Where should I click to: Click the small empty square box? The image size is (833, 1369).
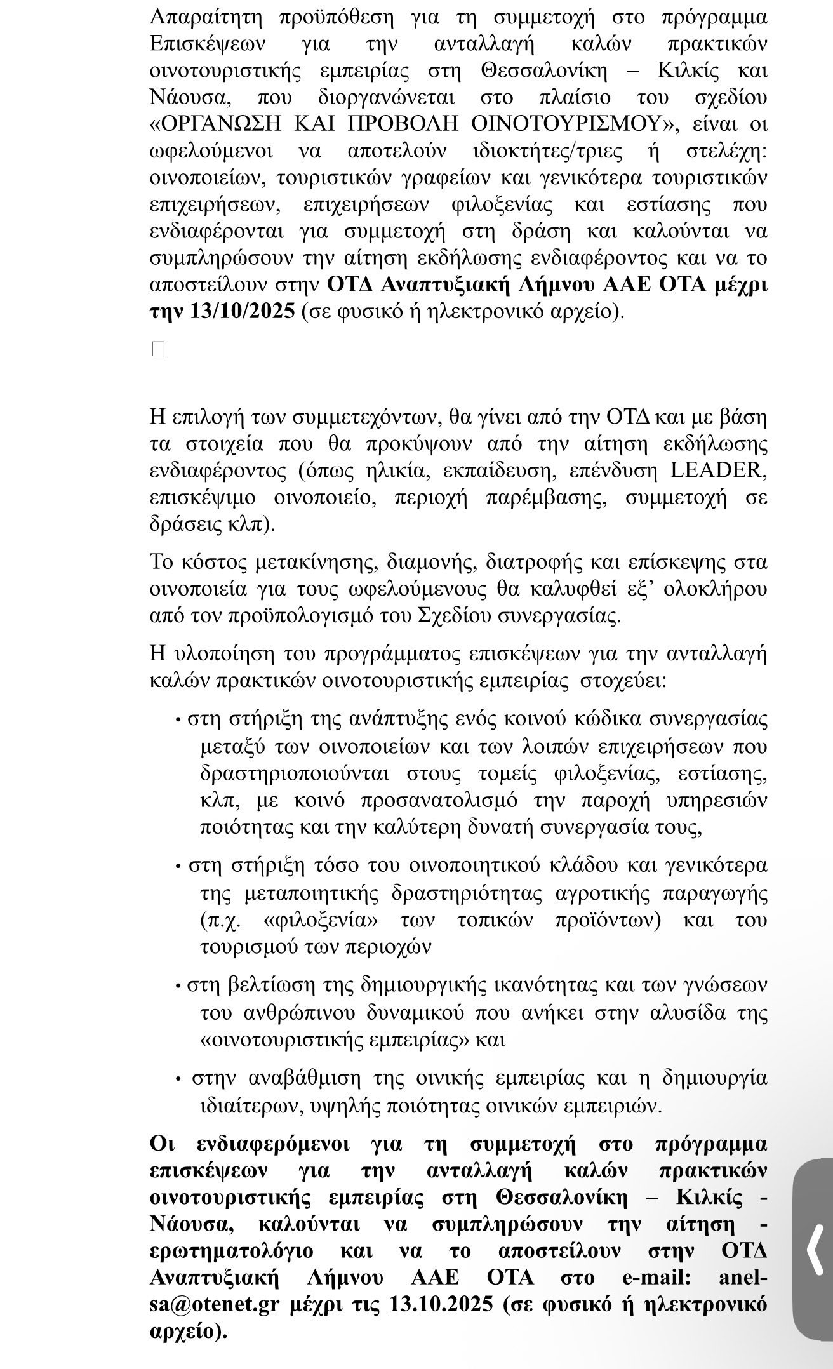coord(158,349)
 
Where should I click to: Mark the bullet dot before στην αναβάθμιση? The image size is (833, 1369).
coord(178,1079)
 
